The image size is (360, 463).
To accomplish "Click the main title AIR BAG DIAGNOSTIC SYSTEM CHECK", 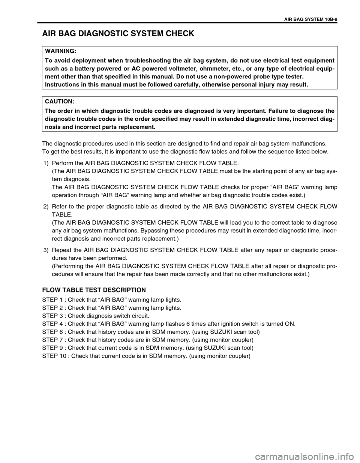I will pos(118,34).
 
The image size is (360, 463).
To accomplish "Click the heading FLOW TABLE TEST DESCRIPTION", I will pos(94,290).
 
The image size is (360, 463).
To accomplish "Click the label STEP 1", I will pos(52,300).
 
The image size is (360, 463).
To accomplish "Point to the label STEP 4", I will pos(52,324).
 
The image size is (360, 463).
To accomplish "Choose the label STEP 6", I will pos(52,332).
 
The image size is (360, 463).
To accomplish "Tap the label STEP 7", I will pos(52,340).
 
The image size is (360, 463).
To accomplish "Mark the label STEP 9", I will pos(52,348).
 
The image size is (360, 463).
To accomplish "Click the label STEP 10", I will pos(54,355).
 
